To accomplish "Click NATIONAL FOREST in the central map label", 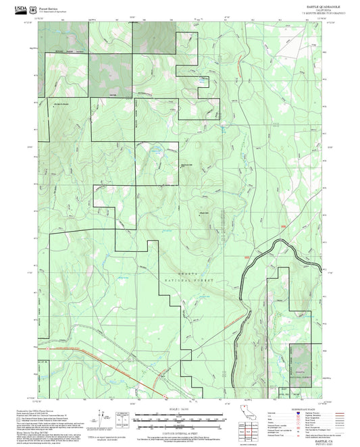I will click(185, 279).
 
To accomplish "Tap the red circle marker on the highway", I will click(163, 394).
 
